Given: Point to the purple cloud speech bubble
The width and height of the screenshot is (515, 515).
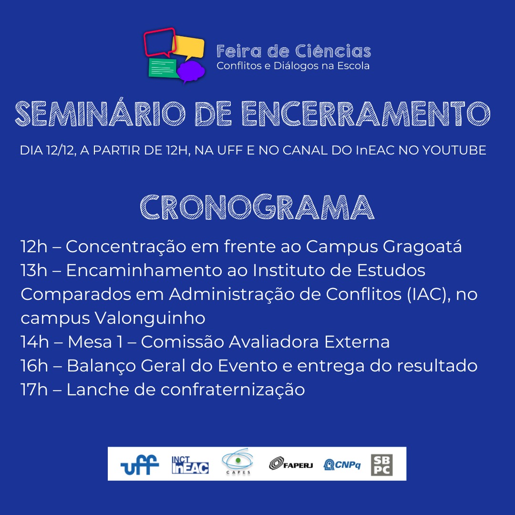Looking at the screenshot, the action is (x=190, y=71).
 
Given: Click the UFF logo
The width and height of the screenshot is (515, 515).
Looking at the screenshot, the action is (x=140, y=464).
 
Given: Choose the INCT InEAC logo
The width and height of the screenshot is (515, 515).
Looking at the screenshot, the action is (x=190, y=465).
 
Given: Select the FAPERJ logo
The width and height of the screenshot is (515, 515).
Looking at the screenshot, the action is (x=291, y=464).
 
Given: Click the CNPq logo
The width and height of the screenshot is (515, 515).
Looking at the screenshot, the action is (x=342, y=464).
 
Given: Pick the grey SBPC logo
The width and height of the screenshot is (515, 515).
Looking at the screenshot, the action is (x=381, y=465).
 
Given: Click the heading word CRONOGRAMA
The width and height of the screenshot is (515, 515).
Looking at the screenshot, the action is (x=257, y=207).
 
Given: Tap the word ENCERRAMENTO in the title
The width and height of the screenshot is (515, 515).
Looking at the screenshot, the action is (x=366, y=113).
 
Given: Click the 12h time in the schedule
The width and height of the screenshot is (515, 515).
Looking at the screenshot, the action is (x=34, y=247).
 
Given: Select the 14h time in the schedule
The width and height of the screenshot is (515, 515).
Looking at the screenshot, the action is (x=34, y=341).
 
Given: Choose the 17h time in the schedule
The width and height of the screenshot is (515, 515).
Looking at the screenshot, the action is (x=34, y=390).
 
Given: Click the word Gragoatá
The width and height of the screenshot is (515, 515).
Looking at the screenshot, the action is (x=422, y=247).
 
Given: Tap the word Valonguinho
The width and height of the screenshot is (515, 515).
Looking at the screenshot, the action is (x=150, y=319).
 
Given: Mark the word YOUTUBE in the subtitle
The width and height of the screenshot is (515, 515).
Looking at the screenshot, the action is (x=454, y=150).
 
